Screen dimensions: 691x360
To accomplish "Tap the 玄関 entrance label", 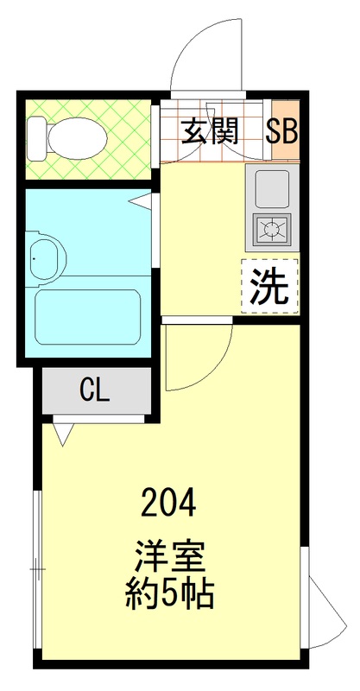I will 210,131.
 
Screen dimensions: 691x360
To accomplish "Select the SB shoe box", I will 281,132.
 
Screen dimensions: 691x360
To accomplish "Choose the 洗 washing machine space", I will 270,286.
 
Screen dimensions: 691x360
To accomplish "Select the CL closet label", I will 94,390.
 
